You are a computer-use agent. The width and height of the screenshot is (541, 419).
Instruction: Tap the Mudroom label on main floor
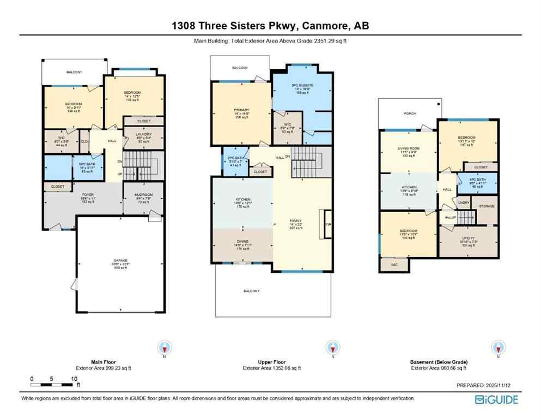tap(143, 195)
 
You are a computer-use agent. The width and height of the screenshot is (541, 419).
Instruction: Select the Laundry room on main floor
tap(143, 134)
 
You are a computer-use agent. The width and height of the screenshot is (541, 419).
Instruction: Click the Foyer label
tap(88, 194)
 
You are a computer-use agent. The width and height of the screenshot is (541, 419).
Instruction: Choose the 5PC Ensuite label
tap(302, 86)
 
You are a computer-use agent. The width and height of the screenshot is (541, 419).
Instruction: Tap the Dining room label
tap(242, 242)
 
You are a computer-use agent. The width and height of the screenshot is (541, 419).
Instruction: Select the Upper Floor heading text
tap(271, 362)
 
